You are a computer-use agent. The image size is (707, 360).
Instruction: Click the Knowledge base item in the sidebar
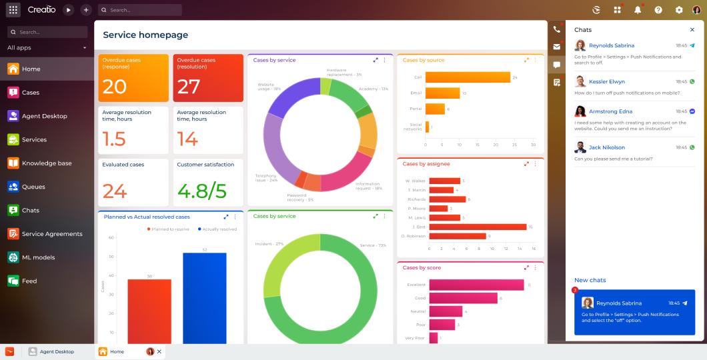(x=47, y=163)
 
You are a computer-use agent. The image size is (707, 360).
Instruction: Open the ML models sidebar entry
(x=38, y=257)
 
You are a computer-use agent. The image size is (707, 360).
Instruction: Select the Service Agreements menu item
(x=52, y=234)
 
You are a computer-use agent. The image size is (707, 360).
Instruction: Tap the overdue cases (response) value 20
(x=115, y=87)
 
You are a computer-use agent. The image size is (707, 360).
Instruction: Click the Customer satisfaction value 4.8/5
(x=202, y=191)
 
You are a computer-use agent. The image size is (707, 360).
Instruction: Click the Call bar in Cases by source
(x=468, y=77)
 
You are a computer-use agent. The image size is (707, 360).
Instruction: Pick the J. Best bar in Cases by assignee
(x=478, y=227)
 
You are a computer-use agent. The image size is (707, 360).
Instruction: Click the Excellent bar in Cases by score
(x=476, y=285)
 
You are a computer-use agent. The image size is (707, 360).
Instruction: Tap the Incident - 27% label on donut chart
(x=269, y=244)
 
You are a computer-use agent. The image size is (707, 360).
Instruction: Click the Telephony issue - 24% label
(x=266, y=178)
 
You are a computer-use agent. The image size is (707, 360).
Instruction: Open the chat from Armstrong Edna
(x=610, y=111)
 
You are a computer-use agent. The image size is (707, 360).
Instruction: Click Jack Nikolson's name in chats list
(x=607, y=147)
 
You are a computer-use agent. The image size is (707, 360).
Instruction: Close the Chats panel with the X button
(x=692, y=30)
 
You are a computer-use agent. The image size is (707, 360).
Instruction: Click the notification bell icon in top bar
(x=638, y=10)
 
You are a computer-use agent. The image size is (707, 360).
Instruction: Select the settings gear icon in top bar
(x=679, y=10)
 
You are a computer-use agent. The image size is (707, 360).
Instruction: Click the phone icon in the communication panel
(x=557, y=30)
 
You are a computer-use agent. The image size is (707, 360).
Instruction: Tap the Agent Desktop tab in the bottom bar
(x=57, y=351)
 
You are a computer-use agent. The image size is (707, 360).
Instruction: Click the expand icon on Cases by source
(x=526, y=60)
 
